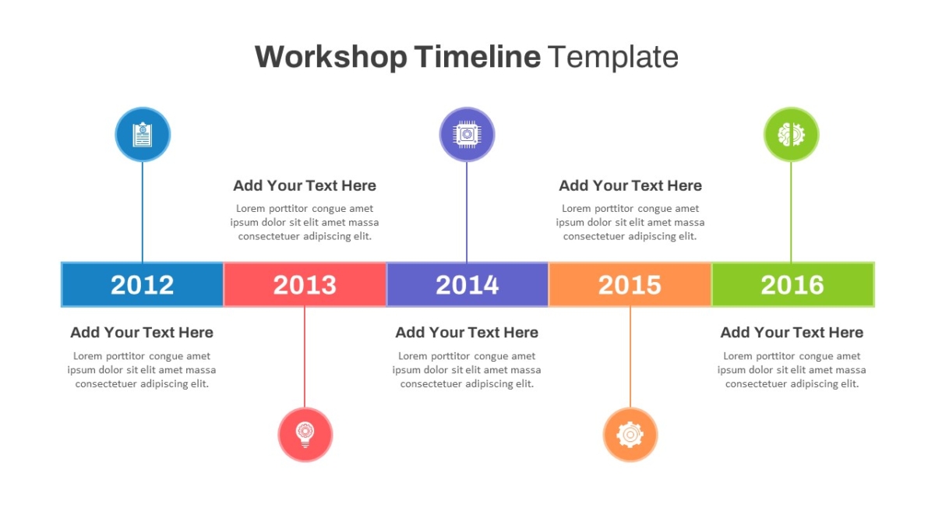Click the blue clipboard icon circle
[x=143, y=134]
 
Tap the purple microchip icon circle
[x=467, y=134]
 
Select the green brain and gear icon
[x=792, y=134]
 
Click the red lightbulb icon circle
[x=305, y=435]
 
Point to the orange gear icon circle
[x=630, y=435]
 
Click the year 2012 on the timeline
[x=142, y=285]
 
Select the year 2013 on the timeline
[x=305, y=285]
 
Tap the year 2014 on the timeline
[x=467, y=285]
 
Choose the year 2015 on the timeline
[x=630, y=285]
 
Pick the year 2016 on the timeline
[x=792, y=285]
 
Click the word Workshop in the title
[x=331, y=57]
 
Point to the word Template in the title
[x=612, y=57]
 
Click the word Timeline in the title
[x=478, y=56]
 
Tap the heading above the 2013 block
[x=305, y=185]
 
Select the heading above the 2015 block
[x=630, y=185]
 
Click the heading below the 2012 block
[x=142, y=333]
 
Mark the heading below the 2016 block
[x=792, y=333]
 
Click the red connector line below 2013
[x=305, y=358]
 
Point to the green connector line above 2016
[x=791, y=212]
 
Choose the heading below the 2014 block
[x=467, y=333]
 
